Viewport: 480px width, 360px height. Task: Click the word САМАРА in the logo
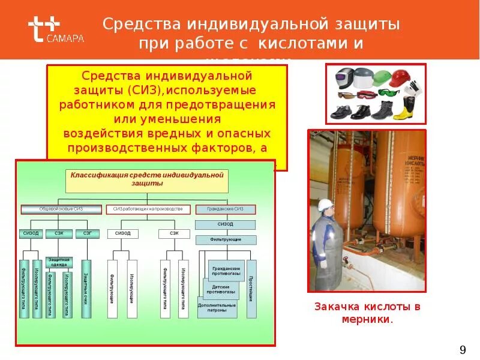(65, 38)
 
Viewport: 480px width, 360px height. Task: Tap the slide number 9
(462, 350)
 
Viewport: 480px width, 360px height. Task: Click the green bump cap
(381, 78)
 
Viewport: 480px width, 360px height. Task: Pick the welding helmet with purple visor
(344, 78)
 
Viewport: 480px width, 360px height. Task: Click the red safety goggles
(366, 94)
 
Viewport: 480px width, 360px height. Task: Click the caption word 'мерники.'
(367, 319)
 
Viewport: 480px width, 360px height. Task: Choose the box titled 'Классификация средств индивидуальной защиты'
(146, 179)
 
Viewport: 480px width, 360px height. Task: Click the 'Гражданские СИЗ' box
(226, 209)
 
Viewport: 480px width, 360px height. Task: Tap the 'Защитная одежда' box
(60, 263)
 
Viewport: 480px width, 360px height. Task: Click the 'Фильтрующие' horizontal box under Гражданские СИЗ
(226, 239)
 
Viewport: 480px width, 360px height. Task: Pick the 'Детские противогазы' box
(221, 289)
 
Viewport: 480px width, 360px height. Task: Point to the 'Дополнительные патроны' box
(217, 308)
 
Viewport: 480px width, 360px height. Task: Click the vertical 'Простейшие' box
(251, 289)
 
